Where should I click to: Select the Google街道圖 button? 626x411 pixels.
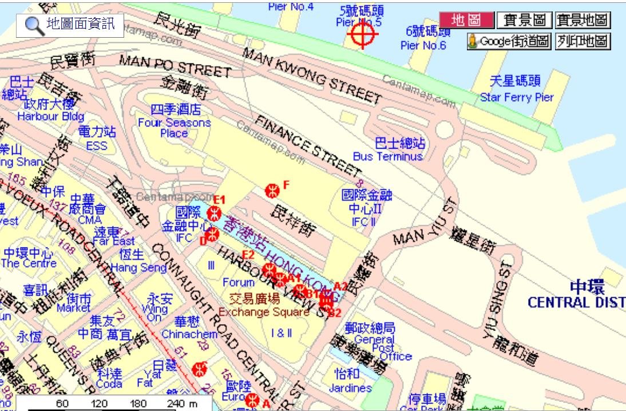point(509,41)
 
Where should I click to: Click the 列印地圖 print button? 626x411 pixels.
point(583,41)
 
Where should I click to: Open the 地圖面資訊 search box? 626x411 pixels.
point(70,25)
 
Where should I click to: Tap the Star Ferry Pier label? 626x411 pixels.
point(517,97)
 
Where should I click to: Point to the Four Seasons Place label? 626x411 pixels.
point(175,127)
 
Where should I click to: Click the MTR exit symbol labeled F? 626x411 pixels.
point(272,190)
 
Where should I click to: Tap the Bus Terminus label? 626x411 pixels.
point(387,156)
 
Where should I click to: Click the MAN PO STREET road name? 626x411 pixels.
point(175,66)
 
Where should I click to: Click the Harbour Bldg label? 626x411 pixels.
point(50,116)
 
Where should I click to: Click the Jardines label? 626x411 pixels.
point(350,388)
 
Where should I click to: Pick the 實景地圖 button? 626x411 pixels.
point(583,21)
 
